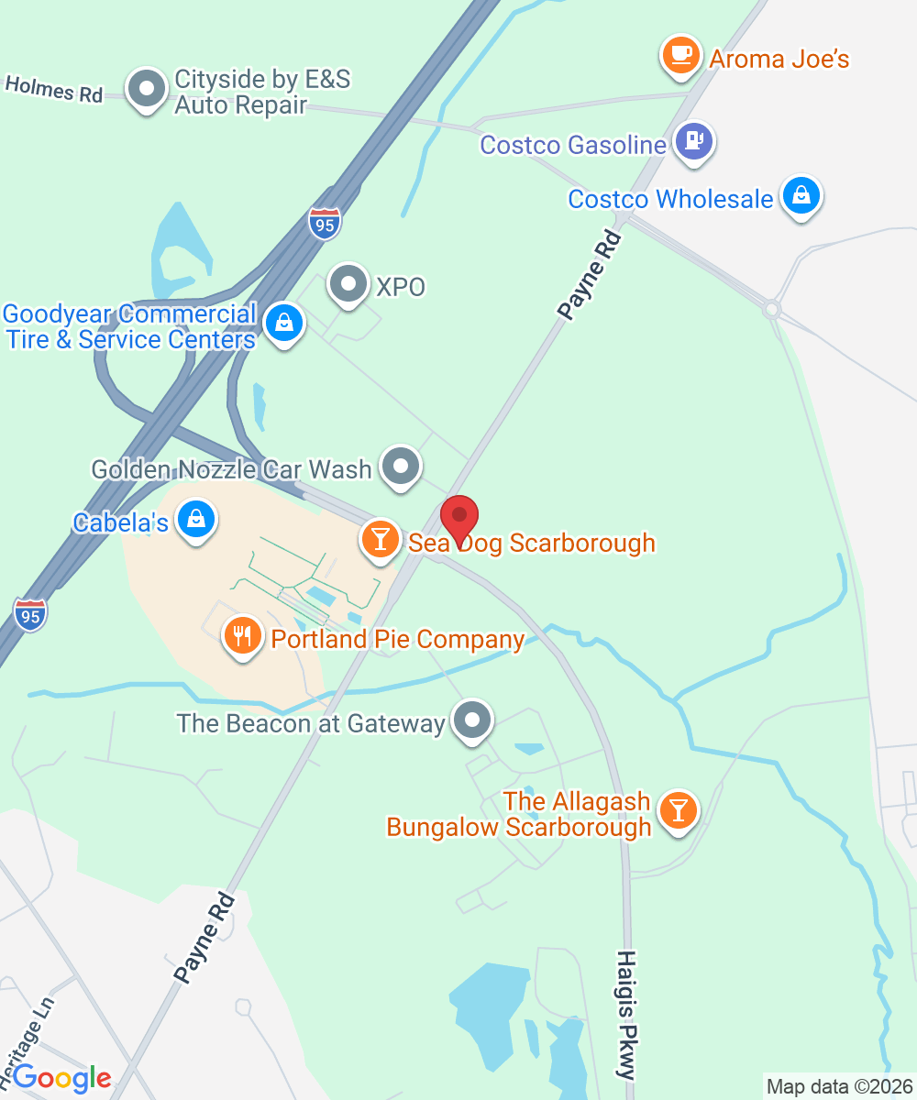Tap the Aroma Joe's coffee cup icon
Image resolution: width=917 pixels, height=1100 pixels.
coord(681,56)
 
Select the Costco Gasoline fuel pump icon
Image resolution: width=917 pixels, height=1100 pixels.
coord(694,142)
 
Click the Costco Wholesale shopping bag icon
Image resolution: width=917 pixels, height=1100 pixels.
coord(801,195)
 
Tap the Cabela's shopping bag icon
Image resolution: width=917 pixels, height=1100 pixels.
coord(196,520)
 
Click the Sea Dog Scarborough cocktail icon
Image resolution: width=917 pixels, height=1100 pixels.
coord(380,538)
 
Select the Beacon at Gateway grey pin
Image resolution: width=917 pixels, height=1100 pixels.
coord(472,720)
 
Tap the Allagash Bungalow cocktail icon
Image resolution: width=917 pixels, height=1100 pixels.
coord(678,810)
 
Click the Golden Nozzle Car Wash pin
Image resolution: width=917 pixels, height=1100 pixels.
coord(400,467)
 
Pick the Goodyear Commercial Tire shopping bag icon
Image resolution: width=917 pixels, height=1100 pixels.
coord(284,323)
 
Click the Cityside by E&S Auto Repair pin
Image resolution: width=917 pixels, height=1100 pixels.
coord(145,88)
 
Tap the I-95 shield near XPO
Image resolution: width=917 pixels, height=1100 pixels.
coord(325,223)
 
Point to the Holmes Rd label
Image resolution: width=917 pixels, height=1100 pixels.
coord(53,89)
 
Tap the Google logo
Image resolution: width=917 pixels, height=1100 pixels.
coord(62,1078)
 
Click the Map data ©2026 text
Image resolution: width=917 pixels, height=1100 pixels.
coord(838,1087)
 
